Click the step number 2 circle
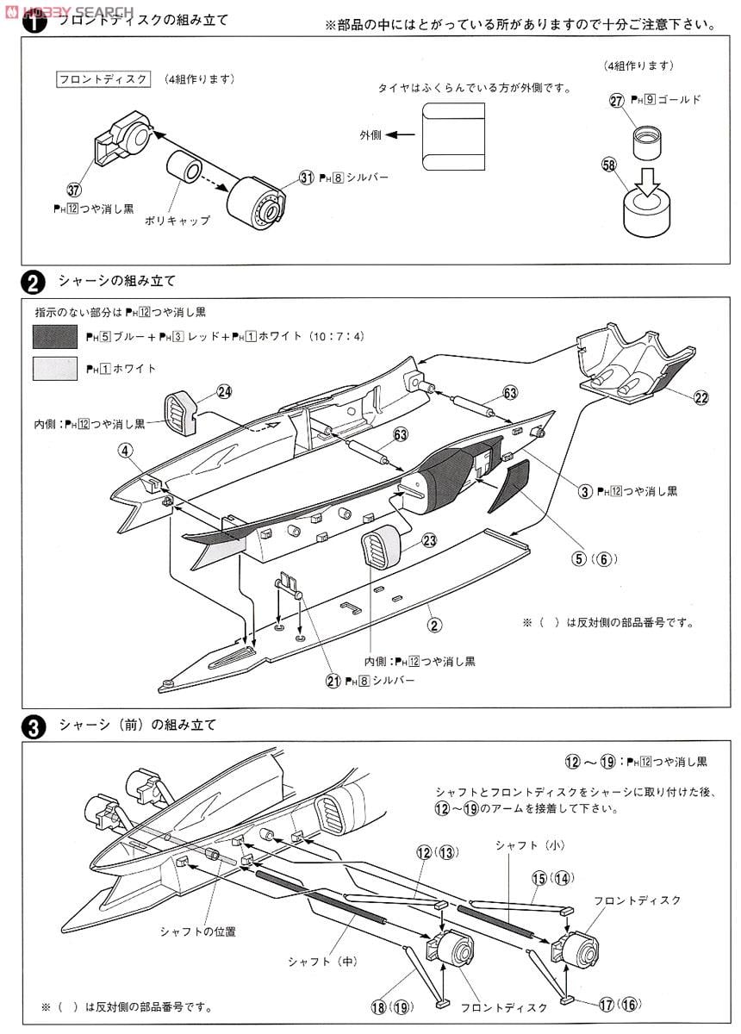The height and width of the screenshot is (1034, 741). coord(33,282)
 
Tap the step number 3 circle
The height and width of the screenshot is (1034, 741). coord(33,726)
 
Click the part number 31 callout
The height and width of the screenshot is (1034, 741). coord(306,176)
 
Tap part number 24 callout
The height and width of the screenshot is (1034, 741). coord(224,391)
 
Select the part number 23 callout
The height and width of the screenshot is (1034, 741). coord(430,540)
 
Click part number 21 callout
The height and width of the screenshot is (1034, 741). coord(332,681)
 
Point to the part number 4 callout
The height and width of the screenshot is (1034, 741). coord(126,450)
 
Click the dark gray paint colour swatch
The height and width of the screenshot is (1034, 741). coord(55,337)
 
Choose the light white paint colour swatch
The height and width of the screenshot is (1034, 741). coord(55,369)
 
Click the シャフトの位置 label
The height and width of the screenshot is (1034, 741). coord(197,931)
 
